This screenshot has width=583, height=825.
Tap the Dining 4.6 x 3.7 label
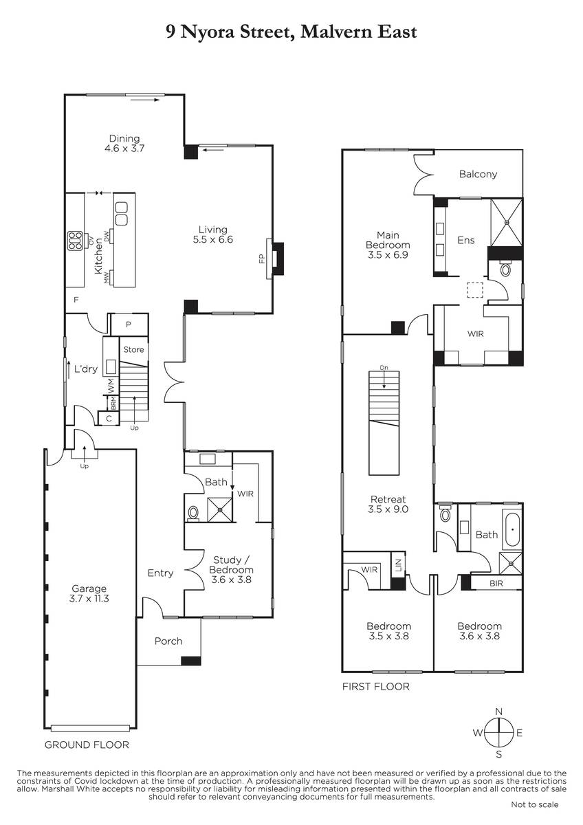point(124,143)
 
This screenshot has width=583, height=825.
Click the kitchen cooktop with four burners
point(75,241)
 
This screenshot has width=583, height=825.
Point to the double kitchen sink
point(121,214)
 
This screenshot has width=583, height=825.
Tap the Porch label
point(168,641)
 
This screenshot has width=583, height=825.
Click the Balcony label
point(478,174)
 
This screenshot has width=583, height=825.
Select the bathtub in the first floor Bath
point(512,529)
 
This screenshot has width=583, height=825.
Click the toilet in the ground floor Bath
point(193,512)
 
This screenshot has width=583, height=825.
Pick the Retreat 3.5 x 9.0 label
point(388,504)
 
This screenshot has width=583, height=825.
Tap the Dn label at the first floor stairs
point(384,368)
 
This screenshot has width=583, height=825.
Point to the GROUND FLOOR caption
point(87,745)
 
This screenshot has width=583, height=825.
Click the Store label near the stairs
point(133,349)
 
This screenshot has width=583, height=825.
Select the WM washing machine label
point(111,385)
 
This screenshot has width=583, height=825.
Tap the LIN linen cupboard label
point(399,563)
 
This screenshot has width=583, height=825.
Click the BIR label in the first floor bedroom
point(496,584)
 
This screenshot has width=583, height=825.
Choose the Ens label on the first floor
point(466,240)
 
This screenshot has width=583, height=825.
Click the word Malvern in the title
point(332,32)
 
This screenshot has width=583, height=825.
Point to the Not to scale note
point(534,805)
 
